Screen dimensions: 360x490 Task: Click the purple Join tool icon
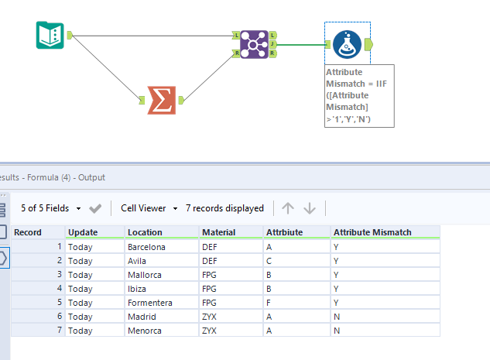[253, 44]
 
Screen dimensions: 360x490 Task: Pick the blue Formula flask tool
[347, 44]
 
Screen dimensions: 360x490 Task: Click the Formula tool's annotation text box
[359, 95]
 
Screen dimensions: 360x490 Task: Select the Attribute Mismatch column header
[371, 232]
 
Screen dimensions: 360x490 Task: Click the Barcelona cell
[146, 247]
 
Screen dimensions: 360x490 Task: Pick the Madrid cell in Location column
[142, 317]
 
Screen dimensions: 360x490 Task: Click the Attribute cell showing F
[269, 303]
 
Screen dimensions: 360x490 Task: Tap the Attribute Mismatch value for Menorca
[336, 331]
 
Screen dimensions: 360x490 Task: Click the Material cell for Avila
[210, 261]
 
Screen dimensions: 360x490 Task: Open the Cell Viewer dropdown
[149, 208]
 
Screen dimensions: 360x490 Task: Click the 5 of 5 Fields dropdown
[50, 208]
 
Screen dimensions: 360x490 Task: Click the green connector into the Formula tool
[303, 44]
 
